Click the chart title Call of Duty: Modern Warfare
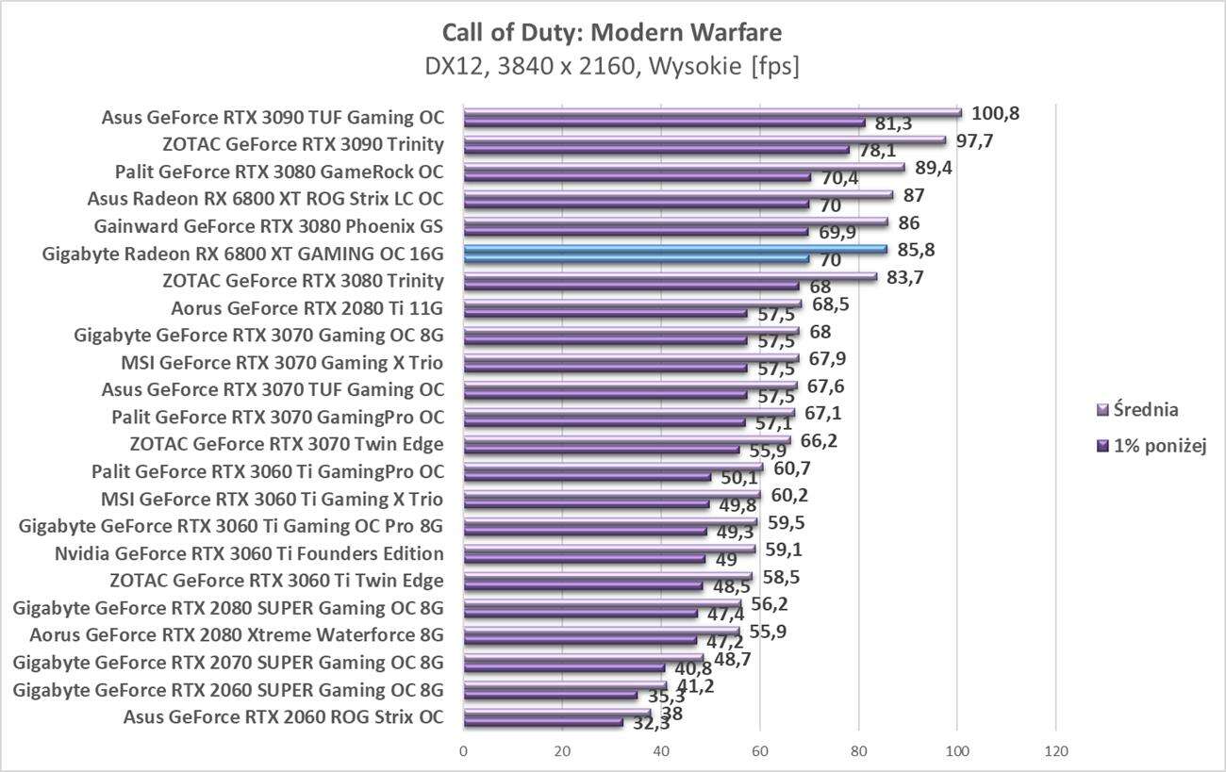[x=611, y=33]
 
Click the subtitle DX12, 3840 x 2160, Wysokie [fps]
[x=611, y=67]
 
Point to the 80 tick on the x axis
[x=858, y=751]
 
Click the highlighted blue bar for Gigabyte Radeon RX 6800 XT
[x=674, y=250]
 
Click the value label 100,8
[x=996, y=113]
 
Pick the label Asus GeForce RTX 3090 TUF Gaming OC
[x=273, y=118]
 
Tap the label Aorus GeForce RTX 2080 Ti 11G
[x=307, y=307]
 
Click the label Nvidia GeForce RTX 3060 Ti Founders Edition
[x=249, y=552]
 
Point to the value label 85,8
[x=917, y=250]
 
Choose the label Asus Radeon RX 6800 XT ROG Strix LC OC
[x=265, y=199]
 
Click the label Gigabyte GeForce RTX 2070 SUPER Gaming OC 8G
[x=228, y=662]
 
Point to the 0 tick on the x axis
[x=463, y=751]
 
